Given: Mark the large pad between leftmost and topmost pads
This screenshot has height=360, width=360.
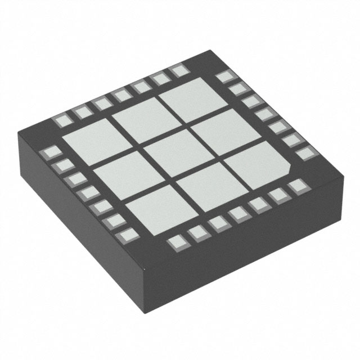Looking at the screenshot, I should click(136, 119).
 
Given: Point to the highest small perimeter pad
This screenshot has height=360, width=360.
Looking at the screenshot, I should click(179, 70).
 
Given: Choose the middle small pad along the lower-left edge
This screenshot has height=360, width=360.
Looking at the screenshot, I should click(87, 193).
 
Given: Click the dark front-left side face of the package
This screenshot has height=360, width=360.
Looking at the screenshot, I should click(79, 236).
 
